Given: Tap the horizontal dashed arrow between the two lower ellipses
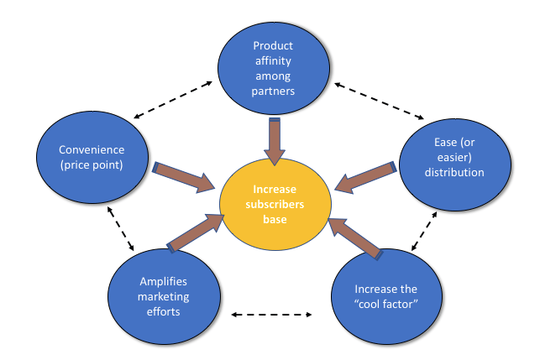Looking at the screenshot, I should click(272, 316).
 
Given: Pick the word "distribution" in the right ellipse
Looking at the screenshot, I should click(453, 173).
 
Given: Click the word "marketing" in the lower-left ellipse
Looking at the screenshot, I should click(159, 297).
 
